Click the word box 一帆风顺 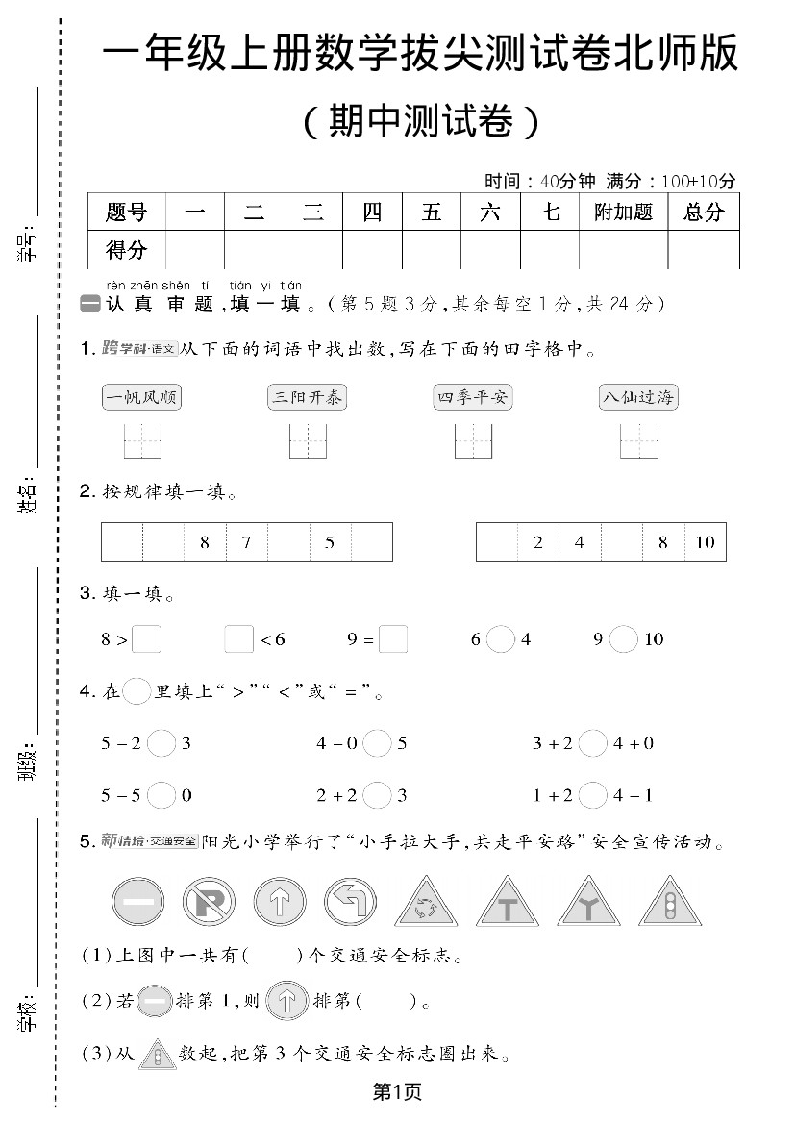click(x=141, y=397)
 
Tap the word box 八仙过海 click(x=638, y=397)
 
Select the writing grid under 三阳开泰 click(x=309, y=441)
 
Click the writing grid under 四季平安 click(x=474, y=441)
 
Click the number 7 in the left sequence click(x=246, y=542)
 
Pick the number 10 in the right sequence click(x=706, y=542)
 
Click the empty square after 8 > click(x=146, y=639)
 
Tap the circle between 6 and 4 click(x=500, y=639)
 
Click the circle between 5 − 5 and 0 click(x=161, y=795)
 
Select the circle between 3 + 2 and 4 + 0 click(x=593, y=743)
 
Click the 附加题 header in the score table click(x=623, y=212)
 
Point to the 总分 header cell click(x=704, y=212)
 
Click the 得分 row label click(x=126, y=250)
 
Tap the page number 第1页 click(x=397, y=1091)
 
